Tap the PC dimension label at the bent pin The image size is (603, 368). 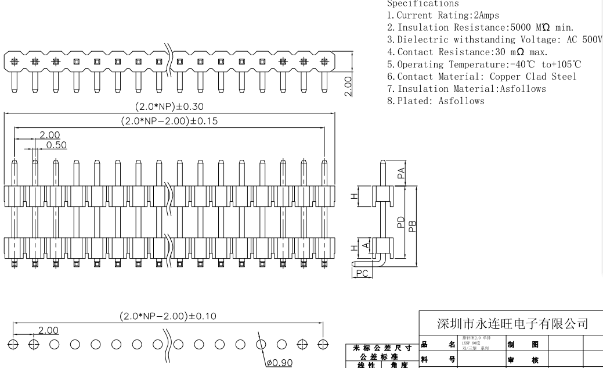coord(362,273)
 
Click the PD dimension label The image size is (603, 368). coord(400,222)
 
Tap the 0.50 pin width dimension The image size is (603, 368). coord(56,144)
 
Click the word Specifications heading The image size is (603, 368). coord(422,3)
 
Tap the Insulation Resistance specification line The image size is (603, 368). coord(480,27)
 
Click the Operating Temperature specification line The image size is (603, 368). coord(483,64)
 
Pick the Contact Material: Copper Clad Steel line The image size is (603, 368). coord(482,76)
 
